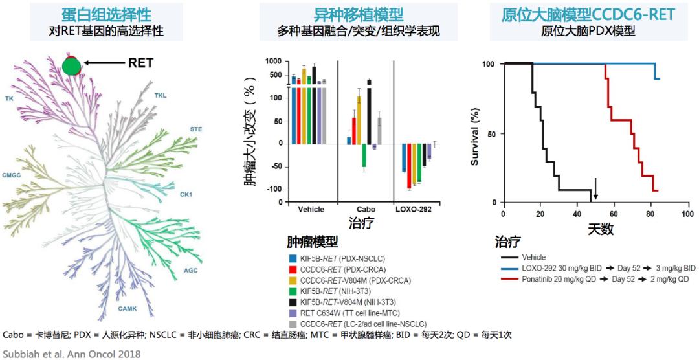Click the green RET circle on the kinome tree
pyautogui.click(x=72, y=65)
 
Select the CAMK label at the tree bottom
pyautogui.click(x=126, y=309)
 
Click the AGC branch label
pyautogui.click(x=191, y=271)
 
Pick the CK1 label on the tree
pyautogui.click(x=186, y=194)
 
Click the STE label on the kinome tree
pyautogui.click(x=195, y=129)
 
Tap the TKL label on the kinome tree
pyautogui.click(x=160, y=96)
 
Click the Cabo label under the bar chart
pyautogui.click(x=366, y=210)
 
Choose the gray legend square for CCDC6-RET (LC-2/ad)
pyautogui.click(x=293, y=322)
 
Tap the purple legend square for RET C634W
pyautogui.click(x=293, y=311)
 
